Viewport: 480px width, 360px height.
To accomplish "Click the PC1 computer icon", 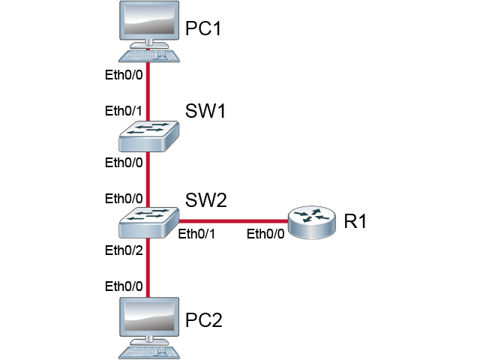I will coord(150,26).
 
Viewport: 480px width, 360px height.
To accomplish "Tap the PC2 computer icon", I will coord(150,320).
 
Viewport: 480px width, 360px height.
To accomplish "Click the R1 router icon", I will coord(311,221).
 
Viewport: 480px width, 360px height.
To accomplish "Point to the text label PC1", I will coord(205,31).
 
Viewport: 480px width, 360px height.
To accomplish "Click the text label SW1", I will coord(205,112).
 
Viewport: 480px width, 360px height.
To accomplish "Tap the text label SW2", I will coord(205,200).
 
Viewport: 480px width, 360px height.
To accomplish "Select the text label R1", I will coord(355,222).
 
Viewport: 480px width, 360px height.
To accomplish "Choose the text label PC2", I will coord(205,320).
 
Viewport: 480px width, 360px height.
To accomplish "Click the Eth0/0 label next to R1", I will coord(266,233).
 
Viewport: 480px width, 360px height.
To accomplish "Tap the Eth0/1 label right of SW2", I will coord(196,233).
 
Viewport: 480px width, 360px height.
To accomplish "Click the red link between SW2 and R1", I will coord(232,220).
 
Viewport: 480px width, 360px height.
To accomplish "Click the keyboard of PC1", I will coord(150,56).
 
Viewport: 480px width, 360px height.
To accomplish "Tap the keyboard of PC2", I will coord(150,351).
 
